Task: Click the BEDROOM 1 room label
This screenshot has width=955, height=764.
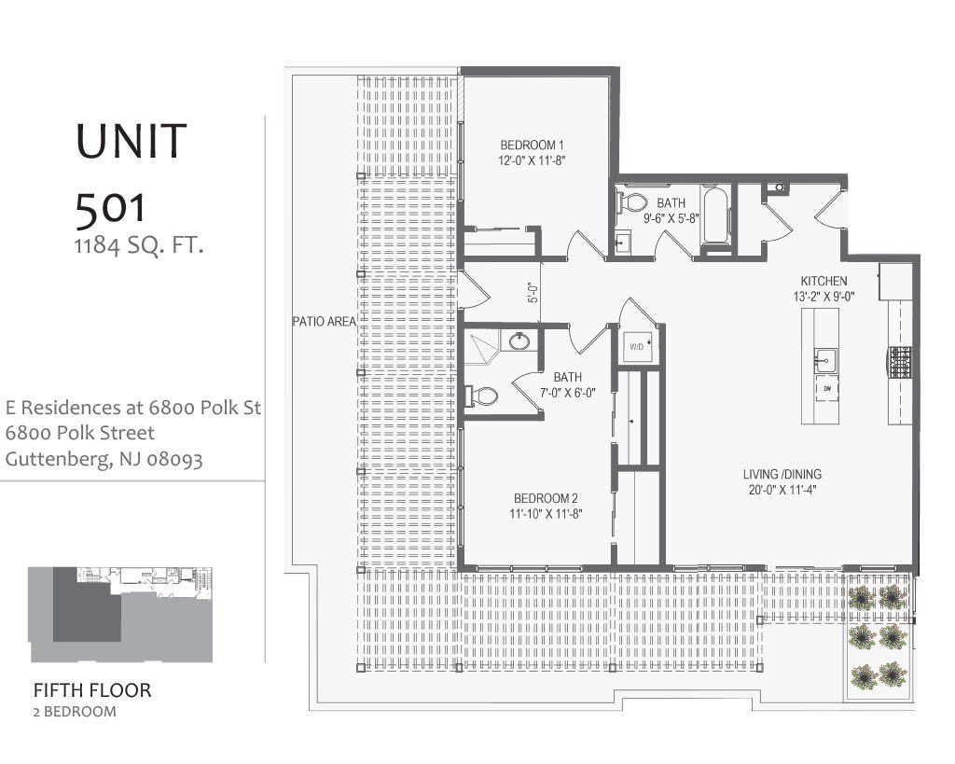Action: coord(532,146)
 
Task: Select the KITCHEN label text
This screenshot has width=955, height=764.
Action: coord(824,281)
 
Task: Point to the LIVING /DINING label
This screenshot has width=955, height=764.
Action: coord(782,474)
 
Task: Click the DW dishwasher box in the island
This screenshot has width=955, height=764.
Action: coord(826,387)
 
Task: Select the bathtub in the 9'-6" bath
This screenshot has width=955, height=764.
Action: coord(716,219)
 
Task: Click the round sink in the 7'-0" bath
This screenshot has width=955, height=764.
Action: coord(519,342)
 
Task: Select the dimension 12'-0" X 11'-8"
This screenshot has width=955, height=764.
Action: coord(532,160)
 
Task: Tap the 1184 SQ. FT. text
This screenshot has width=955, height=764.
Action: coord(140,247)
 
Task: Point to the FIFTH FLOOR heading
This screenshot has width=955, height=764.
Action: coord(92,691)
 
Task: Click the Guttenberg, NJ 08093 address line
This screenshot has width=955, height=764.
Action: coord(104,459)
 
